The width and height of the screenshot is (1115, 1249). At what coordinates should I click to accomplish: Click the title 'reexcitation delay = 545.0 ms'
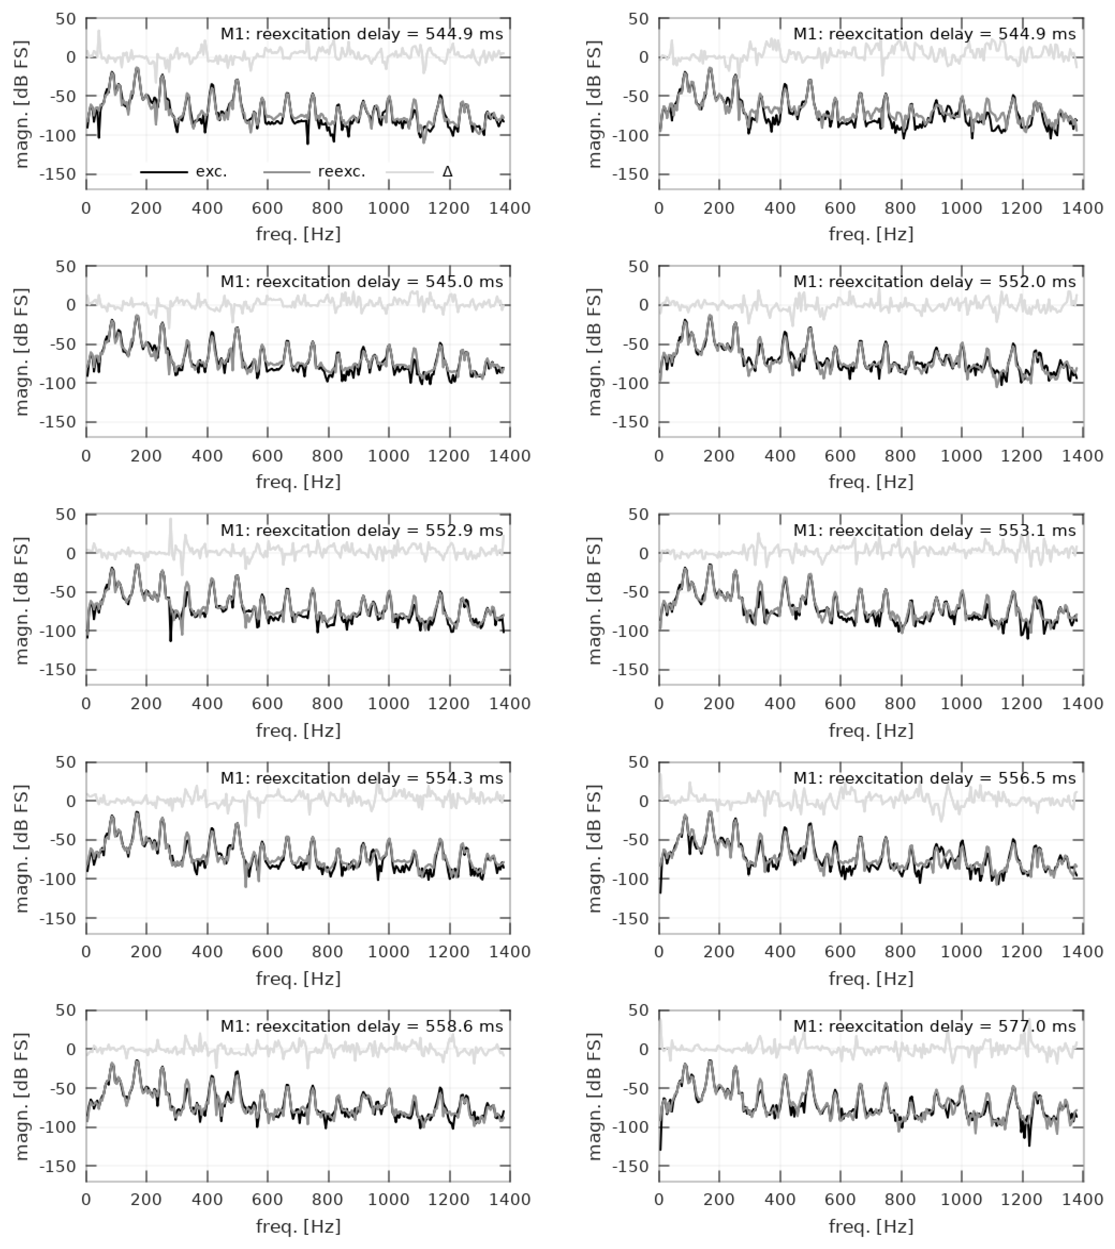click(361, 282)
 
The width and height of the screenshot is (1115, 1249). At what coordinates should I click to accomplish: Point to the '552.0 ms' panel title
click(934, 282)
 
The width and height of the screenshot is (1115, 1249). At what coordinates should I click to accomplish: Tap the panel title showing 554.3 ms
click(361, 778)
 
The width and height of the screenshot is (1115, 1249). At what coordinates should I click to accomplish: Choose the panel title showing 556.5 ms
click(934, 778)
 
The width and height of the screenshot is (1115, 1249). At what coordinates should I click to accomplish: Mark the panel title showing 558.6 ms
click(361, 1027)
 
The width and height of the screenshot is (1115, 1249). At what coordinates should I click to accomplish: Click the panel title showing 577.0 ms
click(934, 1027)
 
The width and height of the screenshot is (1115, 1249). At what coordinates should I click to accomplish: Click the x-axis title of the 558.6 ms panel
click(298, 1226)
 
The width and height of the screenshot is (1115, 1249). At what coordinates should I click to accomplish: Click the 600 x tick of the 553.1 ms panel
click(841, 704)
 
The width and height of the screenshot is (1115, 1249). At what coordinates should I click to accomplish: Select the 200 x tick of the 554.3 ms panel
click(146, 952)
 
